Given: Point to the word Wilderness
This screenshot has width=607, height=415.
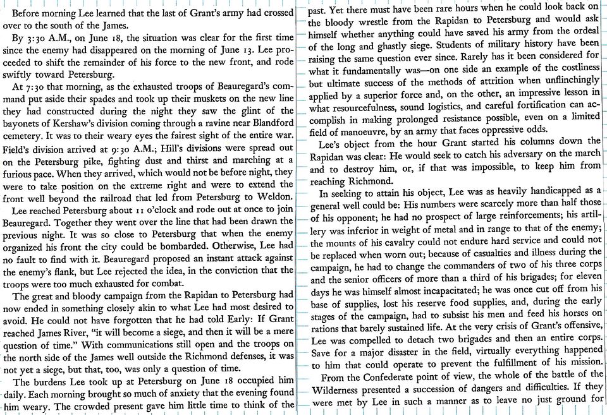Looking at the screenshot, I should (x=340, y=392).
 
